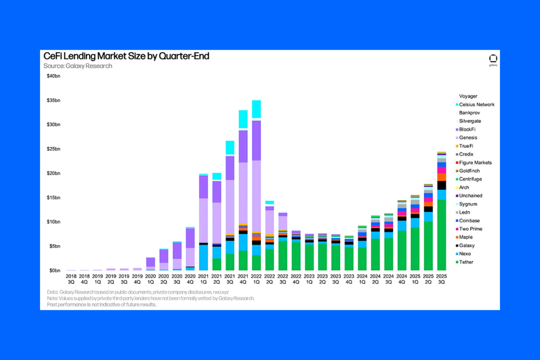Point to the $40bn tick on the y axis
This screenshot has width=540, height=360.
coord(54,76)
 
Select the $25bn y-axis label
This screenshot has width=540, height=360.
coord(54,149)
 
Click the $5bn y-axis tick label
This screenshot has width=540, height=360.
coord(55,246)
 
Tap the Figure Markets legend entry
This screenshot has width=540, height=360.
coord(475,162)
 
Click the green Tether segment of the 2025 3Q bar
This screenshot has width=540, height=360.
coord(442,235)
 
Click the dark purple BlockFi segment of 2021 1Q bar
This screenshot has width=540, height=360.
coord(203,186)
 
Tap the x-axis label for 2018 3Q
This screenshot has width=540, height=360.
coord(71,279)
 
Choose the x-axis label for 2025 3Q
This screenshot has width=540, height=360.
coord(442,279)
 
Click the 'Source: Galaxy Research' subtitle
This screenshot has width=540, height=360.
coord(78,66)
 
